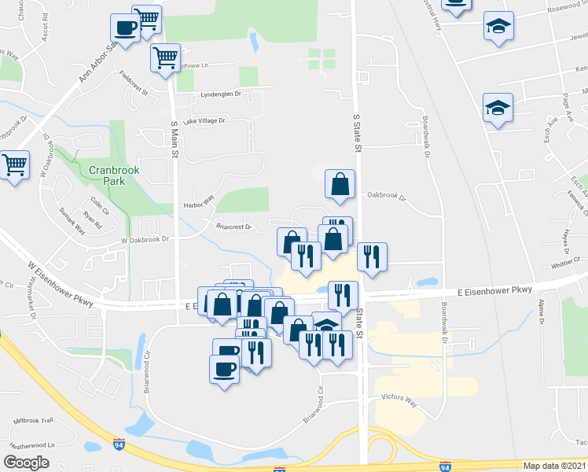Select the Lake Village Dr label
point(204,121)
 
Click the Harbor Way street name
point(198,204)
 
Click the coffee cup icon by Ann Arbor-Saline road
point(125,28)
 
